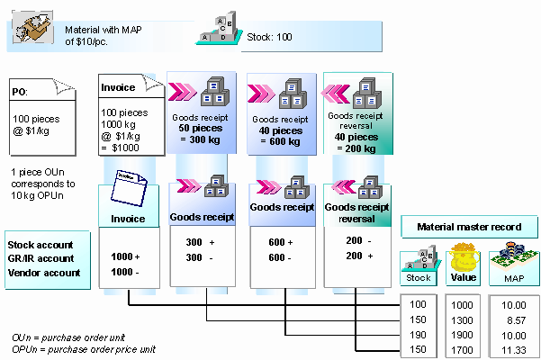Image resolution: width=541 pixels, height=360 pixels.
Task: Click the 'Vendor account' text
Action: click(x=43, y=273)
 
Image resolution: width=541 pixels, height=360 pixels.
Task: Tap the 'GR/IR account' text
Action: click(x=41, y=259)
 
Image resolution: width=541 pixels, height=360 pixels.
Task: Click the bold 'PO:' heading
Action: click(x=19, y=92)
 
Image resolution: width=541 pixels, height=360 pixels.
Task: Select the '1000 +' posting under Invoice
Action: click(x=125, y=256)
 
